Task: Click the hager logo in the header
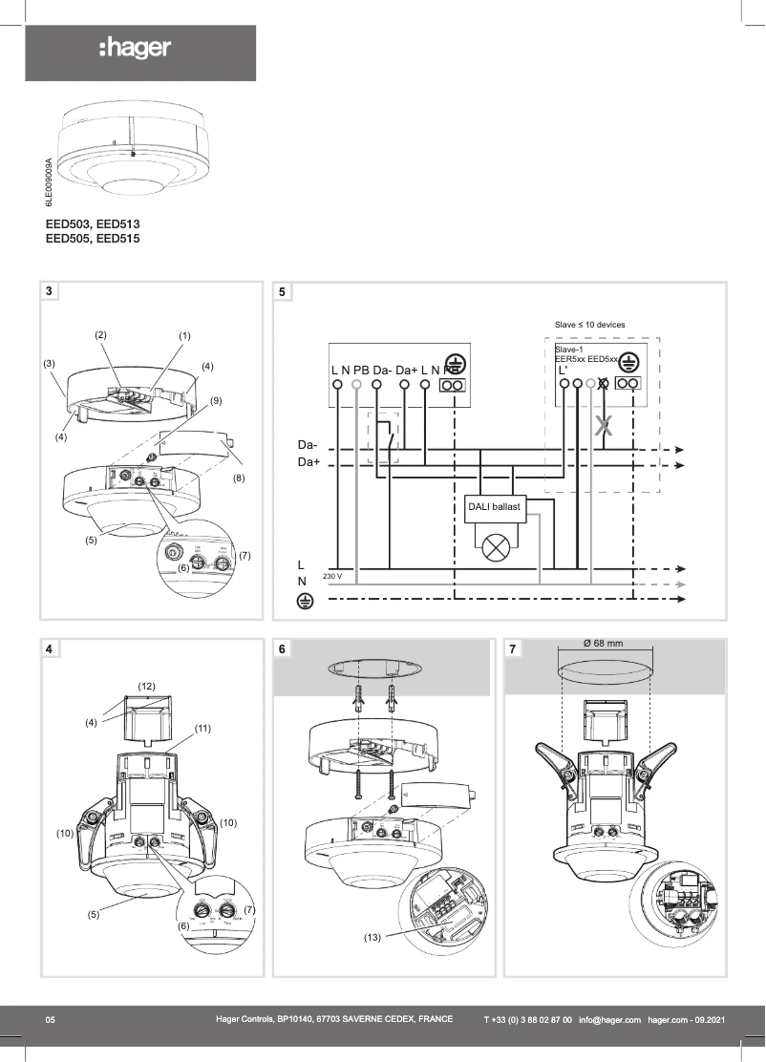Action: pos(135,49)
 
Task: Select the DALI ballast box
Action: pos(493,508)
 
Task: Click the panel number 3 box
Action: pos(51,290)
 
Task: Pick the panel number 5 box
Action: pos(283,290)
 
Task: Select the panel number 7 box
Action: pos(514,649)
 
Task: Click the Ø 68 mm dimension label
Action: pos(603,644)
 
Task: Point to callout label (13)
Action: pos(372,938)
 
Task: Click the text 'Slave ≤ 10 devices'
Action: pos(589,325)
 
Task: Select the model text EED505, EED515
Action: pos(93,239)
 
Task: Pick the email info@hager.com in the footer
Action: pos(609,1021)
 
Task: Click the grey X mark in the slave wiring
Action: pos(603,427)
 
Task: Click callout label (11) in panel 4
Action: pos(202,728)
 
